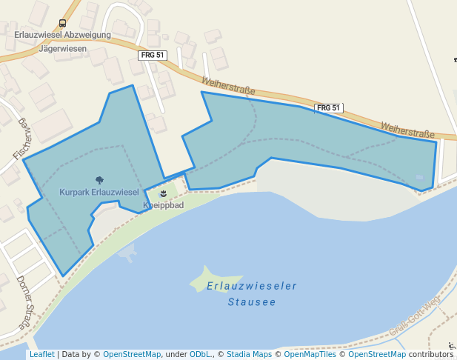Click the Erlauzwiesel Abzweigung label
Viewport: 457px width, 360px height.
(x=62, y=35)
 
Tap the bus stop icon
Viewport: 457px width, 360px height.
(x=62, y=23)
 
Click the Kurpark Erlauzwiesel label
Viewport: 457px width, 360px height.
(x=99, y=193)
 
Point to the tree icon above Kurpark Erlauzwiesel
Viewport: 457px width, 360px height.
(x=99, y=180)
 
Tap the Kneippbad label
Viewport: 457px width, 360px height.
(x=163, y=204)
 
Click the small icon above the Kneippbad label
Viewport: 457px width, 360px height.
(x=163, y=193)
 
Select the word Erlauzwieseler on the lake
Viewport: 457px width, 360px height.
(x=252, y=286)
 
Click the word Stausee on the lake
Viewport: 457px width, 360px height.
(x=252, y=302)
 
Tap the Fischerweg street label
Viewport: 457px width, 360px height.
(x=21, y=139)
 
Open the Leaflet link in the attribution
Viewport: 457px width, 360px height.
(x=41, y=355)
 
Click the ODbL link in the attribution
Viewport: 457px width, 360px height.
(x=200, y=355)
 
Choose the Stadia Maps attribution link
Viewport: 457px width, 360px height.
(x=247, y=355)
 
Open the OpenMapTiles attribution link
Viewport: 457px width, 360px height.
(x=306, y=355)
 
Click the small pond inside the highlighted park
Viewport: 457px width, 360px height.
(x=420, y=178)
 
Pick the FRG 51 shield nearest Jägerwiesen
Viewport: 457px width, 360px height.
(x=153, y=56)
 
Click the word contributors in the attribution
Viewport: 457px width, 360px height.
(x=430, y=355)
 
